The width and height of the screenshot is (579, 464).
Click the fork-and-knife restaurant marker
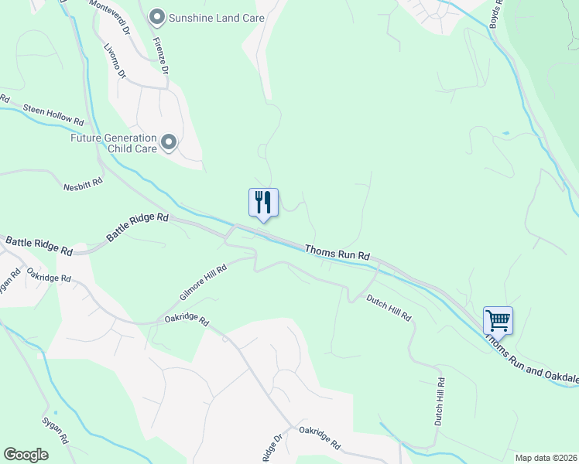tap(263, 203)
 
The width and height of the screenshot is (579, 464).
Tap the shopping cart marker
tap(498, 319)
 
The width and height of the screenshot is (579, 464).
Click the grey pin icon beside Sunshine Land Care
tap(157, 17)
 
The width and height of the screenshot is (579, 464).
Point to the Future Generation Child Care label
tap(114, 144)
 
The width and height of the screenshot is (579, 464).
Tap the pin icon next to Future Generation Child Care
tap(169, 143)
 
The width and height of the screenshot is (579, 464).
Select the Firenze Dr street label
tap(160, 54)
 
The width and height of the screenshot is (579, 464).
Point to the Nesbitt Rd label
tap(83, 182)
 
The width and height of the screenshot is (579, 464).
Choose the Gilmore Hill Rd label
tap(203, 282)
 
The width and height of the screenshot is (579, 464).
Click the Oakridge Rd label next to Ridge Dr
tap(320, 438)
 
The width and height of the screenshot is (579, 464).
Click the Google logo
tap(26, 455)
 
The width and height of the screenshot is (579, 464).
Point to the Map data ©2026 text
tap(545, 458)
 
